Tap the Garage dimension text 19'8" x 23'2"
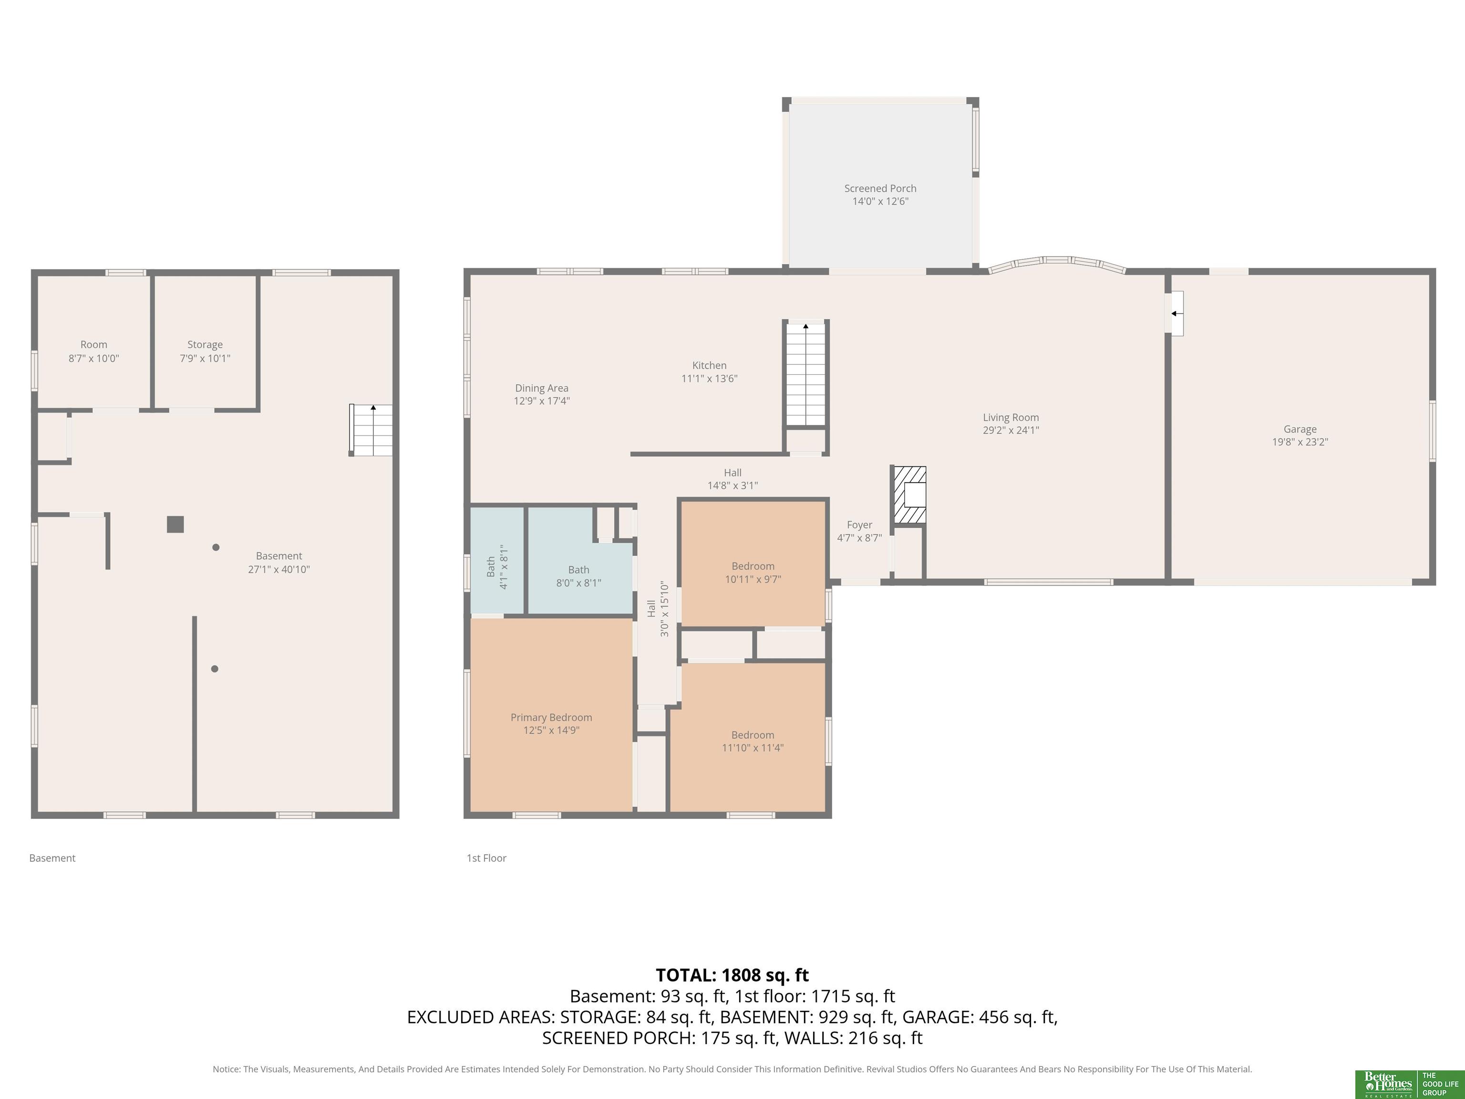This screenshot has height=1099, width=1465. coord(1300,442)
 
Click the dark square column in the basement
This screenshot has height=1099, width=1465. coord(175,525)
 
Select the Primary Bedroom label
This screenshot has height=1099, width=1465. coord(551,717)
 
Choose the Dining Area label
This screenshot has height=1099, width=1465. coord(542,388)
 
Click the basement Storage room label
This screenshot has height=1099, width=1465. coord(205,344)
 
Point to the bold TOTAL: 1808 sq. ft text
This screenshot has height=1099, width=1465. coord(732,975)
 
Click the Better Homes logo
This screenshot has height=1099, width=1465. coord(1409,1084)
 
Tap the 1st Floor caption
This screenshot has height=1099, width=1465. coord(486,858)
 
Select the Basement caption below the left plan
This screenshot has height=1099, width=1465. coord(52,858)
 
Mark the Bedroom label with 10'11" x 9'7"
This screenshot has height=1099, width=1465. coord(753,566)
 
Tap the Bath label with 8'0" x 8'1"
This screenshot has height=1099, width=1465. coord(578,570)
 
